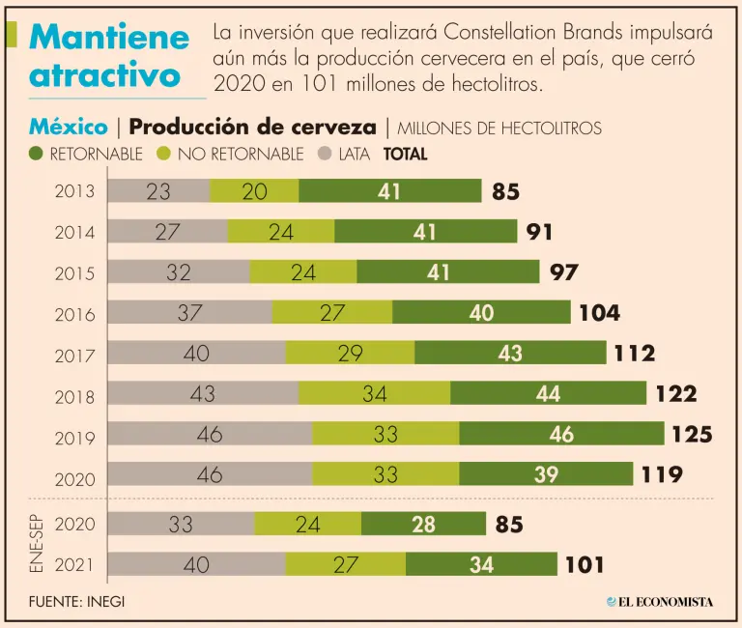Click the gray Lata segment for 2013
pos(157,191)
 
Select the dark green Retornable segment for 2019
pos(561,434)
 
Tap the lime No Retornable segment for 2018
pos(374,393)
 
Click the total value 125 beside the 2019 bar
pos(692,434)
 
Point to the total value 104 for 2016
pos(599,313)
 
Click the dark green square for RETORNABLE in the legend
pos(37,153)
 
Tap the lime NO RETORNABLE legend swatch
pos(164,153)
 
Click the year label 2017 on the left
pos(75,356)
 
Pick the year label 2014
pos(75,234)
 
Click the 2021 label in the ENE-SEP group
pos(75,565)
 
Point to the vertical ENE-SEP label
pos(35,544)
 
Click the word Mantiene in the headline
pos(109,38)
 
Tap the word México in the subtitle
pos(69,127)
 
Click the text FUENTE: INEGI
pos(77,601)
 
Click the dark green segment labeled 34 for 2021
pos(481,564)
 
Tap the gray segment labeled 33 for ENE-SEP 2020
pos(181,525)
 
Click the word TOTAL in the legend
pos(406,153)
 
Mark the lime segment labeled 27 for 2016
pos(331,313)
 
